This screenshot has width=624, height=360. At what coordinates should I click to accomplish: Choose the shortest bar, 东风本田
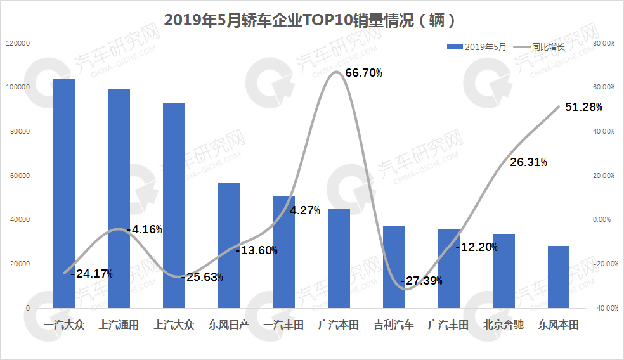[559, 276]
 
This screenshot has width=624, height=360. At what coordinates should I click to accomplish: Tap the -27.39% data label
[421, 281]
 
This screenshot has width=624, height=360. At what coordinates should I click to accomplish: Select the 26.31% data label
[528, 162]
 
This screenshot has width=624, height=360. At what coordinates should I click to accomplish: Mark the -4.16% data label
[145, 229]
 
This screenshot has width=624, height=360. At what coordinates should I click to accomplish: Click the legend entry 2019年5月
[478, 47]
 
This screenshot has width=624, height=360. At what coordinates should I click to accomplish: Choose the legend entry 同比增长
[540, 47]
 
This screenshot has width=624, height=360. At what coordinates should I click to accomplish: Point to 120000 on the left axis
[19, 43]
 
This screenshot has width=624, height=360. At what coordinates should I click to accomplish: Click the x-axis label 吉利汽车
[394, 325]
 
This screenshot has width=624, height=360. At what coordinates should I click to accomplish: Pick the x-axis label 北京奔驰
[504, 325]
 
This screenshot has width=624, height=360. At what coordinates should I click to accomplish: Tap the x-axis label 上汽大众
[174, 325]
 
